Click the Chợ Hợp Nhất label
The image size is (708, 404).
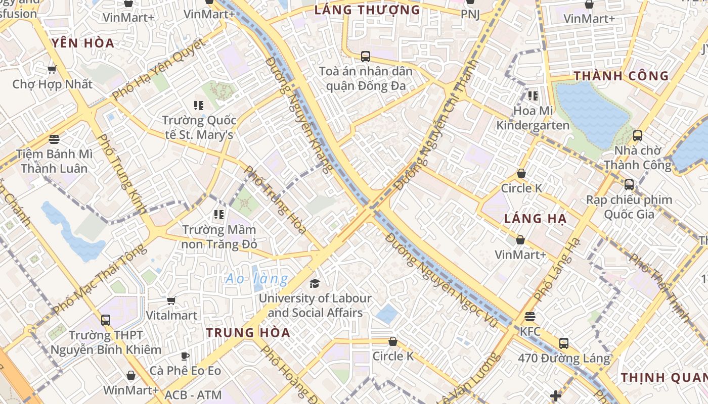(x=53, y=84)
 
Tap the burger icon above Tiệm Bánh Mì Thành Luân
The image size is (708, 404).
(x=54, y=139)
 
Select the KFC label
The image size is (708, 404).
(x=530, y=332)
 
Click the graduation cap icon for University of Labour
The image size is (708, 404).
(x=315, y=283)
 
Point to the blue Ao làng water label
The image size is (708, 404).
(x=257, y=278)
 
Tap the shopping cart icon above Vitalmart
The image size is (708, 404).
(x=171, y=300)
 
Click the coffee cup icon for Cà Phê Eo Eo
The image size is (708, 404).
(x=185, y=356)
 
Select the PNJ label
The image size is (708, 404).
(x=470, y=14)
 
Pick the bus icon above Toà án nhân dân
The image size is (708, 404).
(x=366, y=56)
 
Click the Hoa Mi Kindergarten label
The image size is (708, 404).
(x=533, y=118)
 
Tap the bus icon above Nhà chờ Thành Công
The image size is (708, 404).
(x=638, y=135)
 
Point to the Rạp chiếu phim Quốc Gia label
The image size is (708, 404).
(x=629, y=207)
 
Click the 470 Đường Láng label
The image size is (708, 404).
(x=564, y=359)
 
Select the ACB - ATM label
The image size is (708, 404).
(x=193, y=395)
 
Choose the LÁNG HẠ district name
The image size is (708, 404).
(x=536, y=219)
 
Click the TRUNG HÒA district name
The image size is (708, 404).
(x=248, y=332)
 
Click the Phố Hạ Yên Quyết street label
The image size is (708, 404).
(x=159, y=69)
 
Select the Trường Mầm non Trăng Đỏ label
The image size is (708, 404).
(x=219, y=237)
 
